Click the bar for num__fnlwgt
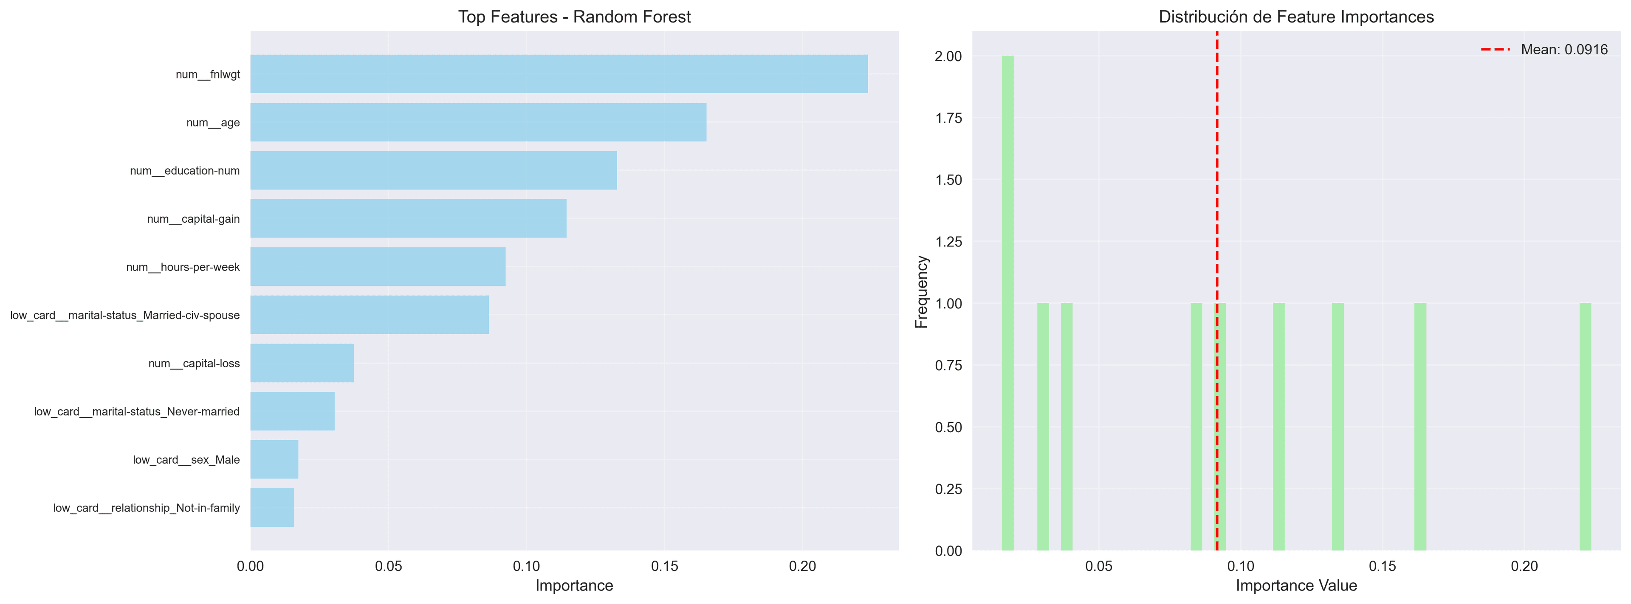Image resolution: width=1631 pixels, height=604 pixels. [559, 74]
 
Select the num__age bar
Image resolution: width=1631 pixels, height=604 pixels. [478, 122]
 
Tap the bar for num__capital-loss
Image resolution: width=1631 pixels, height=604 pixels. [302, 363]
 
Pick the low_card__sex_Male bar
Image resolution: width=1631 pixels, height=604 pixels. [274, 459]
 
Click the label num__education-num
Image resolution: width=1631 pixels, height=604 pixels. [185, 171]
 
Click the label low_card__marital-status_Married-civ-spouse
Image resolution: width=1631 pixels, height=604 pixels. [125, 315]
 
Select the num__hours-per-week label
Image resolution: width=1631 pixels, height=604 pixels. [183, 267]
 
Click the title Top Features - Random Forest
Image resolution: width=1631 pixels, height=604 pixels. [574, 17]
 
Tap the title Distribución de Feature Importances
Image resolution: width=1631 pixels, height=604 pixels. [1296, 17]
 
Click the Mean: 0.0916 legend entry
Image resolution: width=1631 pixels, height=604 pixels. [1545, 49]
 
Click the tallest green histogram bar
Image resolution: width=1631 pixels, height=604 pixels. [1007, 304]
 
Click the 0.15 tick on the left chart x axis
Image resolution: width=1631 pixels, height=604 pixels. [664, 567]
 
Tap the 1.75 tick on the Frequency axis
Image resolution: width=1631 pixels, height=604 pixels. [948, 118]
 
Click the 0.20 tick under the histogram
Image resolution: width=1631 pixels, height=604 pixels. [1524, 567]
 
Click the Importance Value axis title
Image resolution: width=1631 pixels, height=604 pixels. [1296, 586]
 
